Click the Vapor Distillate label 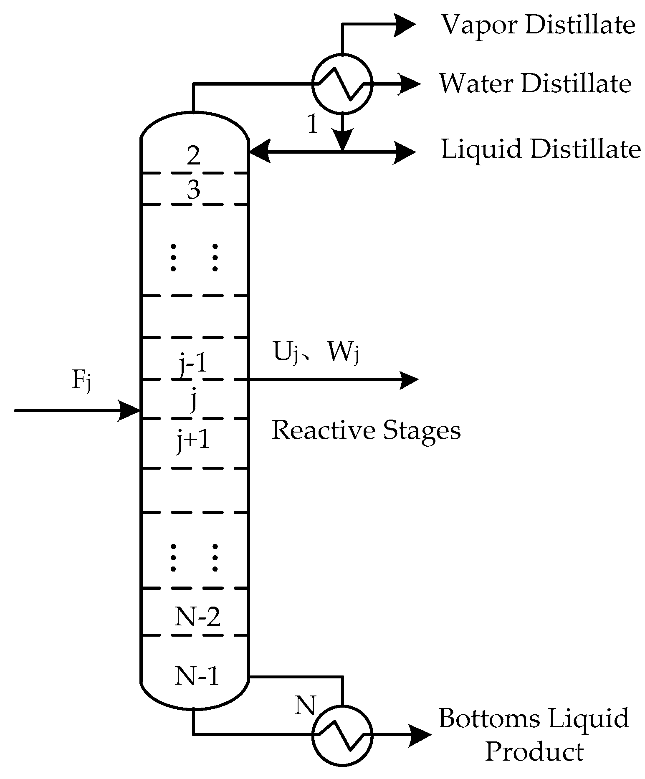tap(538, 25)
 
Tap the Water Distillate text tap(535, 83)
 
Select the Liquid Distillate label tap(541, 149)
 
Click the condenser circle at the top tap(342, 84)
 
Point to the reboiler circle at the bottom tap(342, 736)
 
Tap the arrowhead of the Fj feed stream tap(129, 411)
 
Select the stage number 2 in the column tap(194, 156)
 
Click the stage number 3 tap(194, 190)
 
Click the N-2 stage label tap(197, 617)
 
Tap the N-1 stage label tap(197, 675)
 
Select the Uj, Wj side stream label tap(316, 352)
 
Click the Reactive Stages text tap(366, 430)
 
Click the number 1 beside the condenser tap(313, 124)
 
